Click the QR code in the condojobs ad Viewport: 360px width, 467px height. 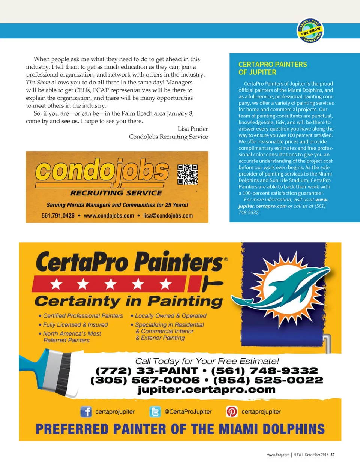coord(187,174)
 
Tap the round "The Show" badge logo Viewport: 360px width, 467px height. coord(310,30)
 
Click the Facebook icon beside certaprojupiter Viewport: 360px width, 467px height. coord(86,411)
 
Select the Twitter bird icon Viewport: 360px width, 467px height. coord(155,411)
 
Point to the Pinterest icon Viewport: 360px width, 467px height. coord(232,411)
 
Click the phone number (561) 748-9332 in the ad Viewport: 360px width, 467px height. coord(264,371)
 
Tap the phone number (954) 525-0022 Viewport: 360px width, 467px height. coord(268,380)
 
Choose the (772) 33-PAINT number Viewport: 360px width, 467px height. coord(147,371)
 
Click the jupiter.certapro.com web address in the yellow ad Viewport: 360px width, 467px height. coord(206,390)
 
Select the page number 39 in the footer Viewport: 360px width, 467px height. coord(333,455)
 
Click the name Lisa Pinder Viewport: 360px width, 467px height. coord(193,129)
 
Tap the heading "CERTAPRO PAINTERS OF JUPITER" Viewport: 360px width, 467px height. coord(273,68)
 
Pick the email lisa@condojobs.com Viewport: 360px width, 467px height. coord(168,216)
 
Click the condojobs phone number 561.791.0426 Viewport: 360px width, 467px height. coord(58,216)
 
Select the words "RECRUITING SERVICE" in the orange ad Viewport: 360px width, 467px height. coord(116,193)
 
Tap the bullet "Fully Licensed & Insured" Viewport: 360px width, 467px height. coord(75,325)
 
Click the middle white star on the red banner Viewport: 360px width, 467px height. coord(110,284)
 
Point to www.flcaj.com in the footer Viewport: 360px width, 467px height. coord(278,455)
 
